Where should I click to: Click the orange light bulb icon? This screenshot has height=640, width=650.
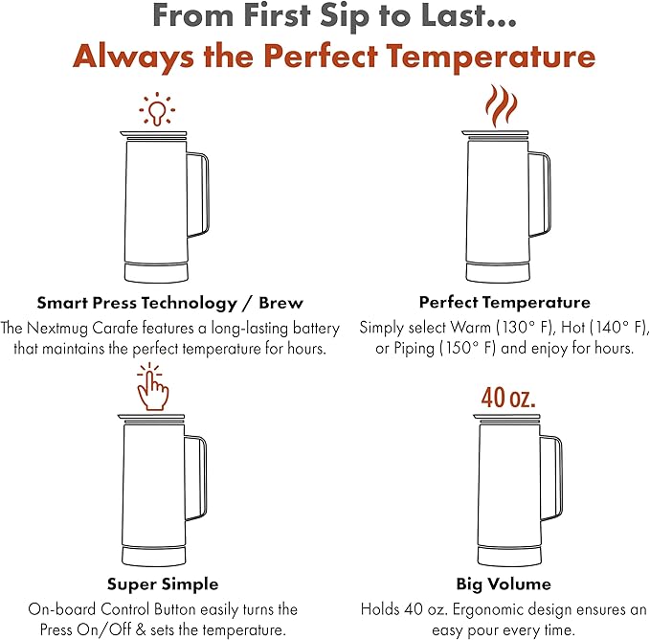[x=157, y=109]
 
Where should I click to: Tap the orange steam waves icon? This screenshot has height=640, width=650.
[x=502, y=105]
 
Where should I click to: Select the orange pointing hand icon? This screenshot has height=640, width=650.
[x=152, y=386]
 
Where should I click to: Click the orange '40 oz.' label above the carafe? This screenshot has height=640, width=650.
[x=508, y=398]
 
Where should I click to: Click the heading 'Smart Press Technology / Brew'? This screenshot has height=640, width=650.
[x=170, y=303]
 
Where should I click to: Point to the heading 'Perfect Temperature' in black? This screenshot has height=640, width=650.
[x=504, y=302]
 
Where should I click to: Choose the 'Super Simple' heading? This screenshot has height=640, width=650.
[x=163, y=584]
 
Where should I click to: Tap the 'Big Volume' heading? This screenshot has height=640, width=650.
[x=504, y=584]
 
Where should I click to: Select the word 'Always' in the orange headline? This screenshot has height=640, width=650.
[x=133, y=57]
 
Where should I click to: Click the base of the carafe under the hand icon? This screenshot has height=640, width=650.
[x=154, y=556]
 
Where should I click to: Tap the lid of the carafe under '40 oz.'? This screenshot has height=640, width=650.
[x=507, y=417]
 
